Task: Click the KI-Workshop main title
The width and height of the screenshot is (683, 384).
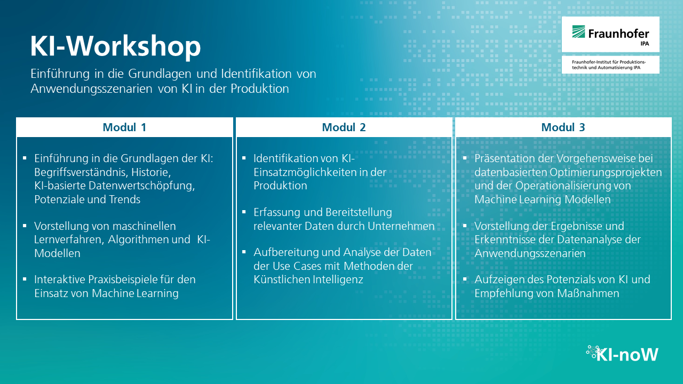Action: tap(115, 46)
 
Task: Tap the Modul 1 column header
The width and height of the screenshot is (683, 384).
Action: tap(124, 127)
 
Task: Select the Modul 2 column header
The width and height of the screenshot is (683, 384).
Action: tap(344, 127)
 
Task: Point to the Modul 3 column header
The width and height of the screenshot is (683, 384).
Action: tap(563, 127)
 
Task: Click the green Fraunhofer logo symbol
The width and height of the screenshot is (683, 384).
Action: tap(578, 31)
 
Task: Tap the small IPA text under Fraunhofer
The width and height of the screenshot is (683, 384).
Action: tap(645, 44)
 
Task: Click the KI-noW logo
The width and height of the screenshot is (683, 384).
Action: tap(622, 354)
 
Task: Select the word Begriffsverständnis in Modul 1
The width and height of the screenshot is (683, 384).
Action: tap(81, 172)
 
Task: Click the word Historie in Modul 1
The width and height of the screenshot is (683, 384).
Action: tap(151, 172)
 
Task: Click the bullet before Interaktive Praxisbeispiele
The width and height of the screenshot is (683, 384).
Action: tap(25, 279)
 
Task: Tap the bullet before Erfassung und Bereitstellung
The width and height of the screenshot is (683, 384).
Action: tap(244, 212)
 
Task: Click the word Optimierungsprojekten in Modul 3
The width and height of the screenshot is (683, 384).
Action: tap(606, 172)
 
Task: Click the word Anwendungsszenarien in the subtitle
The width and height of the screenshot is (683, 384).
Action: tap(91, 89)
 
